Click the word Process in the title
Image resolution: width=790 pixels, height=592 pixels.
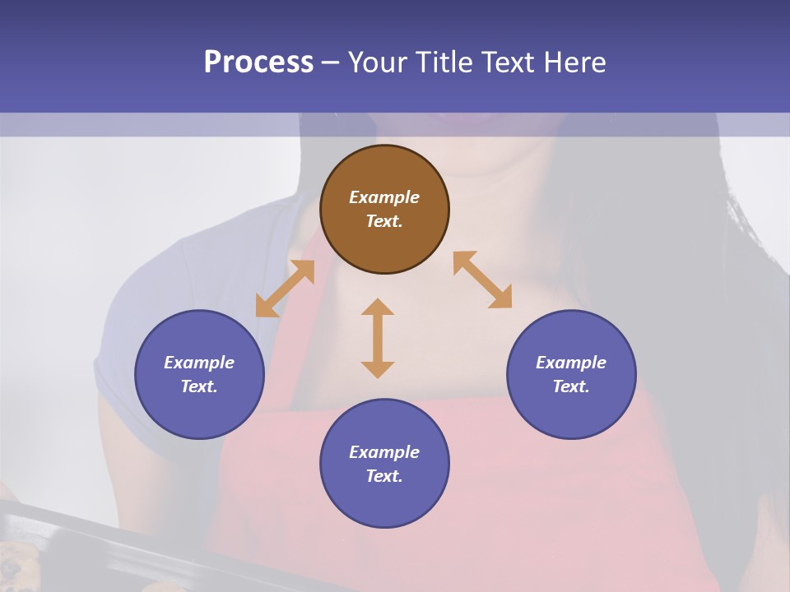258,62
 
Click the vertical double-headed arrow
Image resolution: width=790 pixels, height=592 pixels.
378,338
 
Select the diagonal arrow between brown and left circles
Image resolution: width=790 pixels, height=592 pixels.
285,289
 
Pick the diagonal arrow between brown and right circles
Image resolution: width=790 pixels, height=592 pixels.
482,280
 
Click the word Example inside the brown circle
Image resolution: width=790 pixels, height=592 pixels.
384,197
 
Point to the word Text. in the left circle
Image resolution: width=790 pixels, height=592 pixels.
199,386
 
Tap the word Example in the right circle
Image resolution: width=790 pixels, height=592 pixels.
571,363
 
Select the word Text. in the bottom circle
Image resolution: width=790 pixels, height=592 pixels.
384,476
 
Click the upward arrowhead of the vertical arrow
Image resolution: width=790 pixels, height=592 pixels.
378,307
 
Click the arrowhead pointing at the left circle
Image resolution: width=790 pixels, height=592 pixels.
264,308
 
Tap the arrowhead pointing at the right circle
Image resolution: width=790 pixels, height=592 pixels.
501,298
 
